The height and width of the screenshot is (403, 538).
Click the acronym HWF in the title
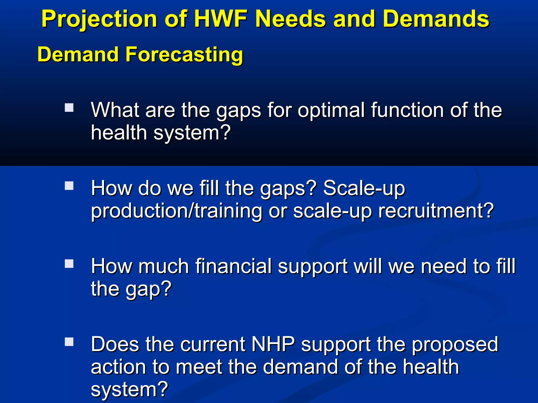pyautogui.click(x=221, y=19)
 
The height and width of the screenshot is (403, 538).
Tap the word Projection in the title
pyautogui.click(x=99, y=19)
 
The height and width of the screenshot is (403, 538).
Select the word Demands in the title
pyautogui.click(x=436, y=19)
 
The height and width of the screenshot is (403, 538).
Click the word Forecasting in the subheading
pyautogui.click(x=184, y=54)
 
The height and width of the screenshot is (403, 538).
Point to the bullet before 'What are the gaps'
pyautogui.click(x=69, y=108)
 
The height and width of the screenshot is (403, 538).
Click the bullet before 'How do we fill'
pyautogui.click(x=69, y=186)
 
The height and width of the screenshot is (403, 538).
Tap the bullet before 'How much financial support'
pyautogui.click(x=69, y=264)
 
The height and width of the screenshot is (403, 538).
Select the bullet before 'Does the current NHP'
pyautogui.click(x=69, y=342)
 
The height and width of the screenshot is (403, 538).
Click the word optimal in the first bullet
pyautogui.click(x=331, y=110)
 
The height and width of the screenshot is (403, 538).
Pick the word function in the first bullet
pyautogui.click(x=407, y=110)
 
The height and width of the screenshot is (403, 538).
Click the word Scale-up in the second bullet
pyautogui.click(x=364, y=188)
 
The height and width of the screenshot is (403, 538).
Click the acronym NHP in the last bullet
pyautogui.click(x=273, y=344)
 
